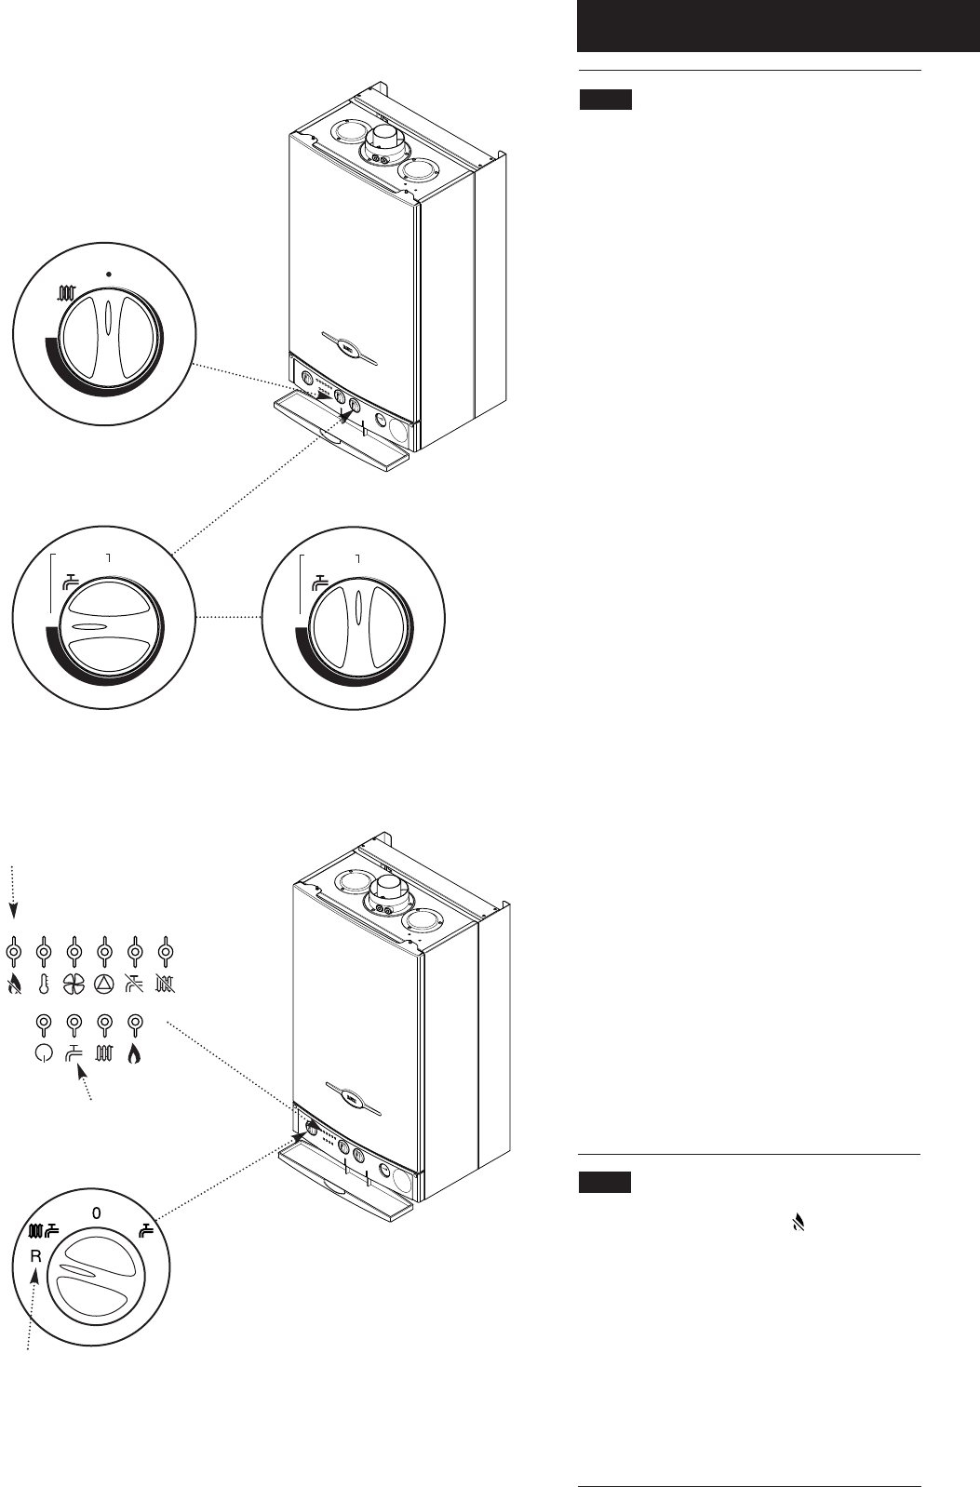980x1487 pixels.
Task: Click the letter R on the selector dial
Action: coord(35,1254)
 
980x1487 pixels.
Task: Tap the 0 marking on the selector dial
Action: coord(96,1213)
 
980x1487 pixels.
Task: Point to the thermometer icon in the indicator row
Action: coord(43,984)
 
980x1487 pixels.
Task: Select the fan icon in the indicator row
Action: coord(74,984)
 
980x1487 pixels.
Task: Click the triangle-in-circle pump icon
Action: coord(104,984)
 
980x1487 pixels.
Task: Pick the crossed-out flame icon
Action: coord(13,984)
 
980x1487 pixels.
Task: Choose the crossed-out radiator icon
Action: coord(166,984)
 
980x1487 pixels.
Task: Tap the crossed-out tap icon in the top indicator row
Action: coord(135,984)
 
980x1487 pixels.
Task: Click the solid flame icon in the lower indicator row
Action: coord(135,1055)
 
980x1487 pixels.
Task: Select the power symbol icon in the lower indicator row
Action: coord(43,1055)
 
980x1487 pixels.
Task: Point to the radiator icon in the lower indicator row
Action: coord(104,1055)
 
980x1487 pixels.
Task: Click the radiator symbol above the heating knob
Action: coord(66,296)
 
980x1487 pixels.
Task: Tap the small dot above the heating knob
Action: coord(110,275)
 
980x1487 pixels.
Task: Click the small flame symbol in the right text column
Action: coord(795,1226)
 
